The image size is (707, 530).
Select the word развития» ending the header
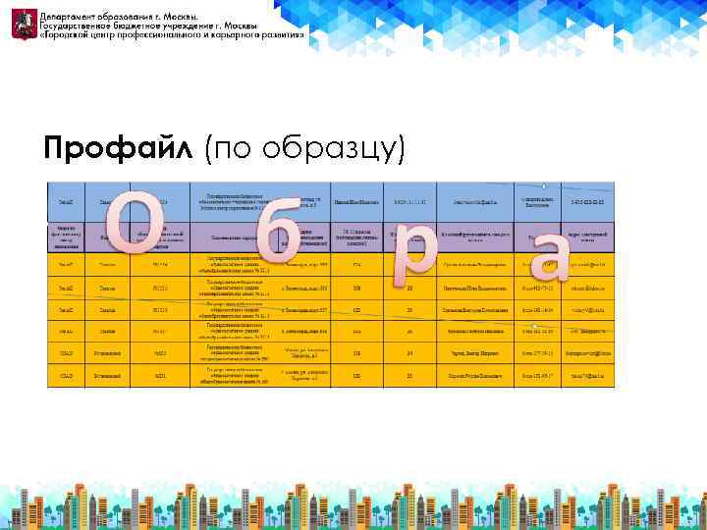point(287,36)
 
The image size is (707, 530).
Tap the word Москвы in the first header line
point(178,18)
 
